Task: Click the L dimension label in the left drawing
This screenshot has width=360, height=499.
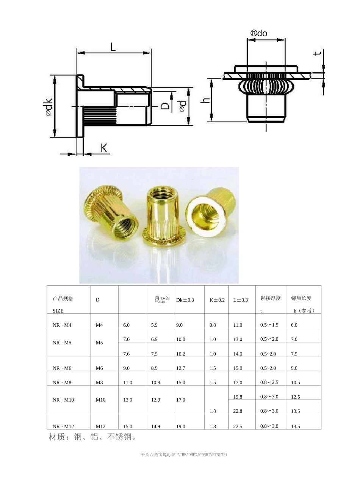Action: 113,47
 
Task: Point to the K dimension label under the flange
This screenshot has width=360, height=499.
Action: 104,148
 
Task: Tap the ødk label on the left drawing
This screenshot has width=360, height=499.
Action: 49,107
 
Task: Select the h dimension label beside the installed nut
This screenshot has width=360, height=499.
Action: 205,100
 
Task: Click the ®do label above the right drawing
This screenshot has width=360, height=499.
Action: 259,33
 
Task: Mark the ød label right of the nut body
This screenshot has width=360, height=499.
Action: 182,106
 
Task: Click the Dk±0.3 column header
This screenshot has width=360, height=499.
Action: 185,300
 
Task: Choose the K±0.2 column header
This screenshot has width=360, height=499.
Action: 217,300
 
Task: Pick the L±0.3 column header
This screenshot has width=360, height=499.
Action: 240,300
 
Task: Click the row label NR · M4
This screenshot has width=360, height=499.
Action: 62,325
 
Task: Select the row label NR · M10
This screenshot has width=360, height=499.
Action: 63,400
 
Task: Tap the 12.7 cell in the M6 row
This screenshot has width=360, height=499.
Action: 181,368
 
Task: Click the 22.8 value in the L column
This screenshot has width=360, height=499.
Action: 238,411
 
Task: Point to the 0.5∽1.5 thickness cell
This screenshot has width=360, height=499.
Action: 269,325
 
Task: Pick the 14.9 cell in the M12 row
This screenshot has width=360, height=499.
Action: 155,426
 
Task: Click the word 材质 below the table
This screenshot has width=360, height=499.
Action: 57,437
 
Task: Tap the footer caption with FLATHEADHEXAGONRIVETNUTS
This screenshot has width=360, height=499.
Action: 183,454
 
